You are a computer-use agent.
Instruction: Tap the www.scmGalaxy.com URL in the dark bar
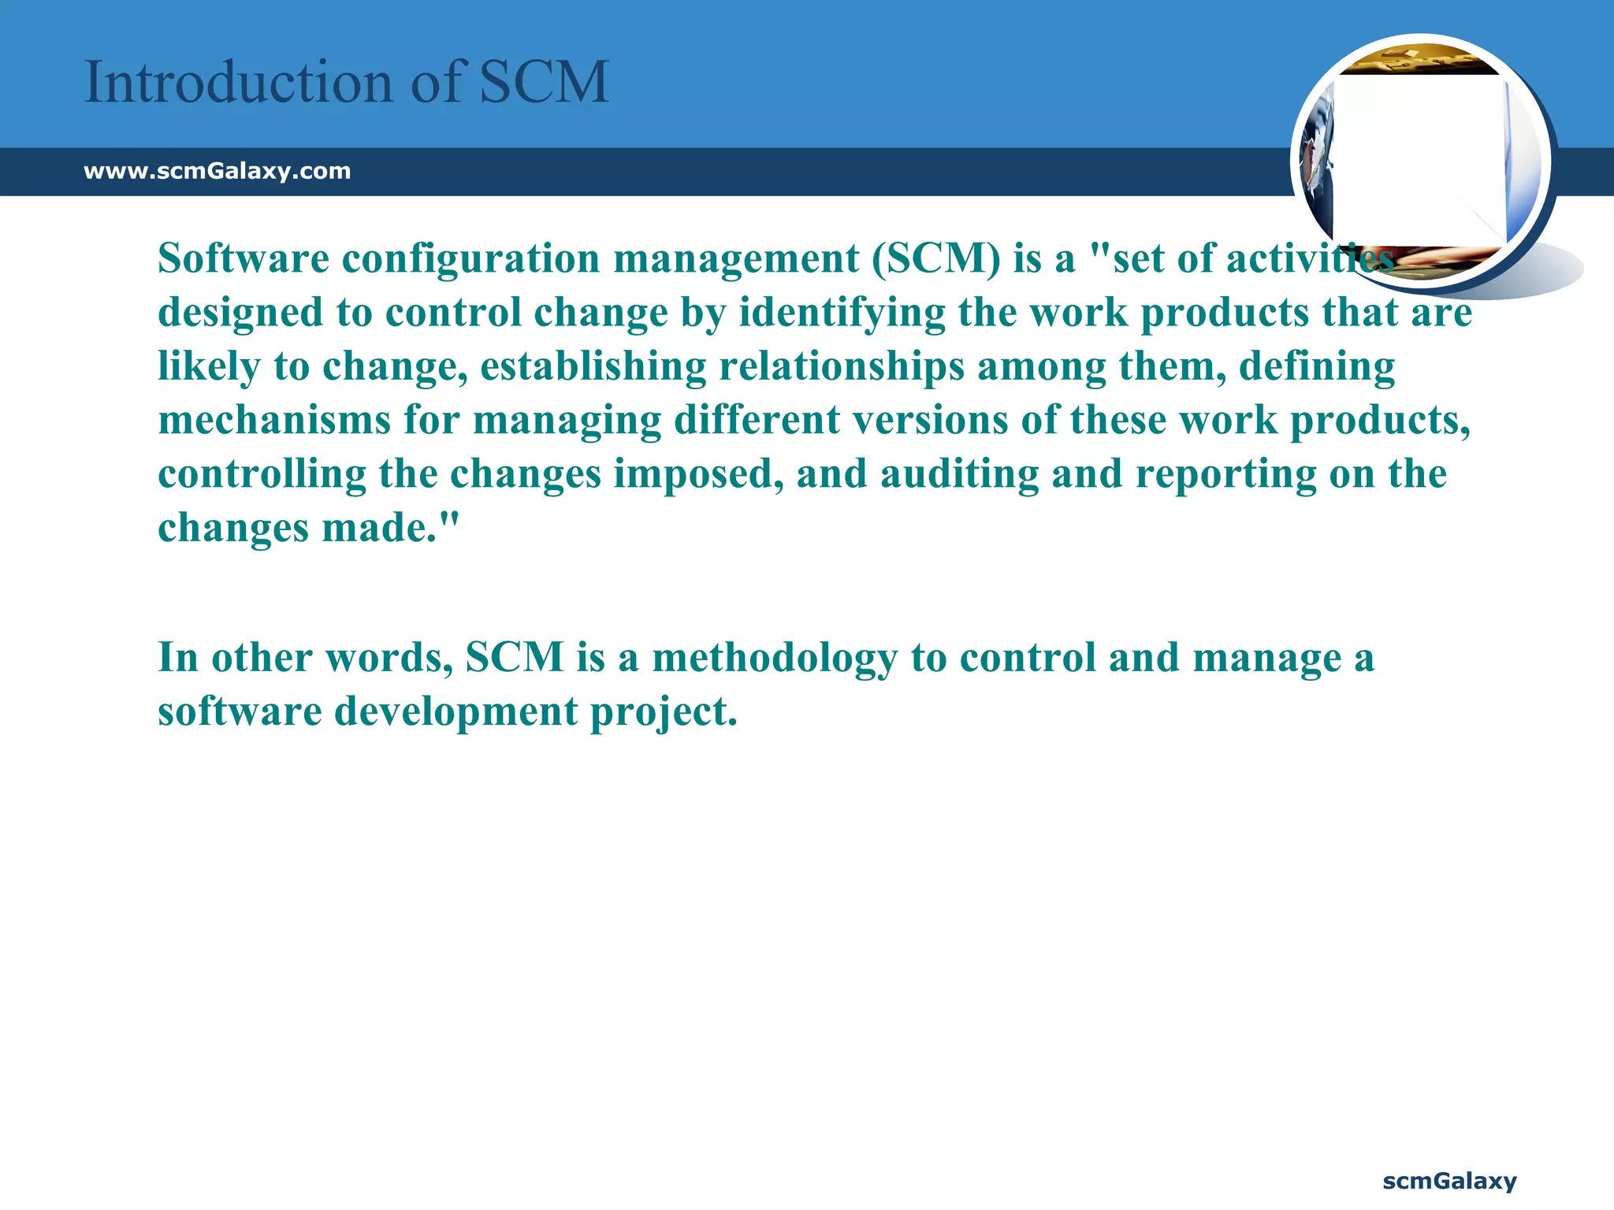[x=217, y=171]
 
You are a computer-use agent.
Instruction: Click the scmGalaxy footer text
[x=1449, y=1181]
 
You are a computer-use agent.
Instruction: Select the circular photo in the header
[x=1420, y=161]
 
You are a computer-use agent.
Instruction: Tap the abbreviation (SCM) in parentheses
[x=935, y=258]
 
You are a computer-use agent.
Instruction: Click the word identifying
[x=841, y=313]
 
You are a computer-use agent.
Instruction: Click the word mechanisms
[x=274, y=420]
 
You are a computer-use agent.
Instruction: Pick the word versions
[x=930, y=420]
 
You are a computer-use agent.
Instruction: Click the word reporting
[x=1225, y=475]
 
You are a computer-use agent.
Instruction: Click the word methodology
[x=774, y=658]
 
